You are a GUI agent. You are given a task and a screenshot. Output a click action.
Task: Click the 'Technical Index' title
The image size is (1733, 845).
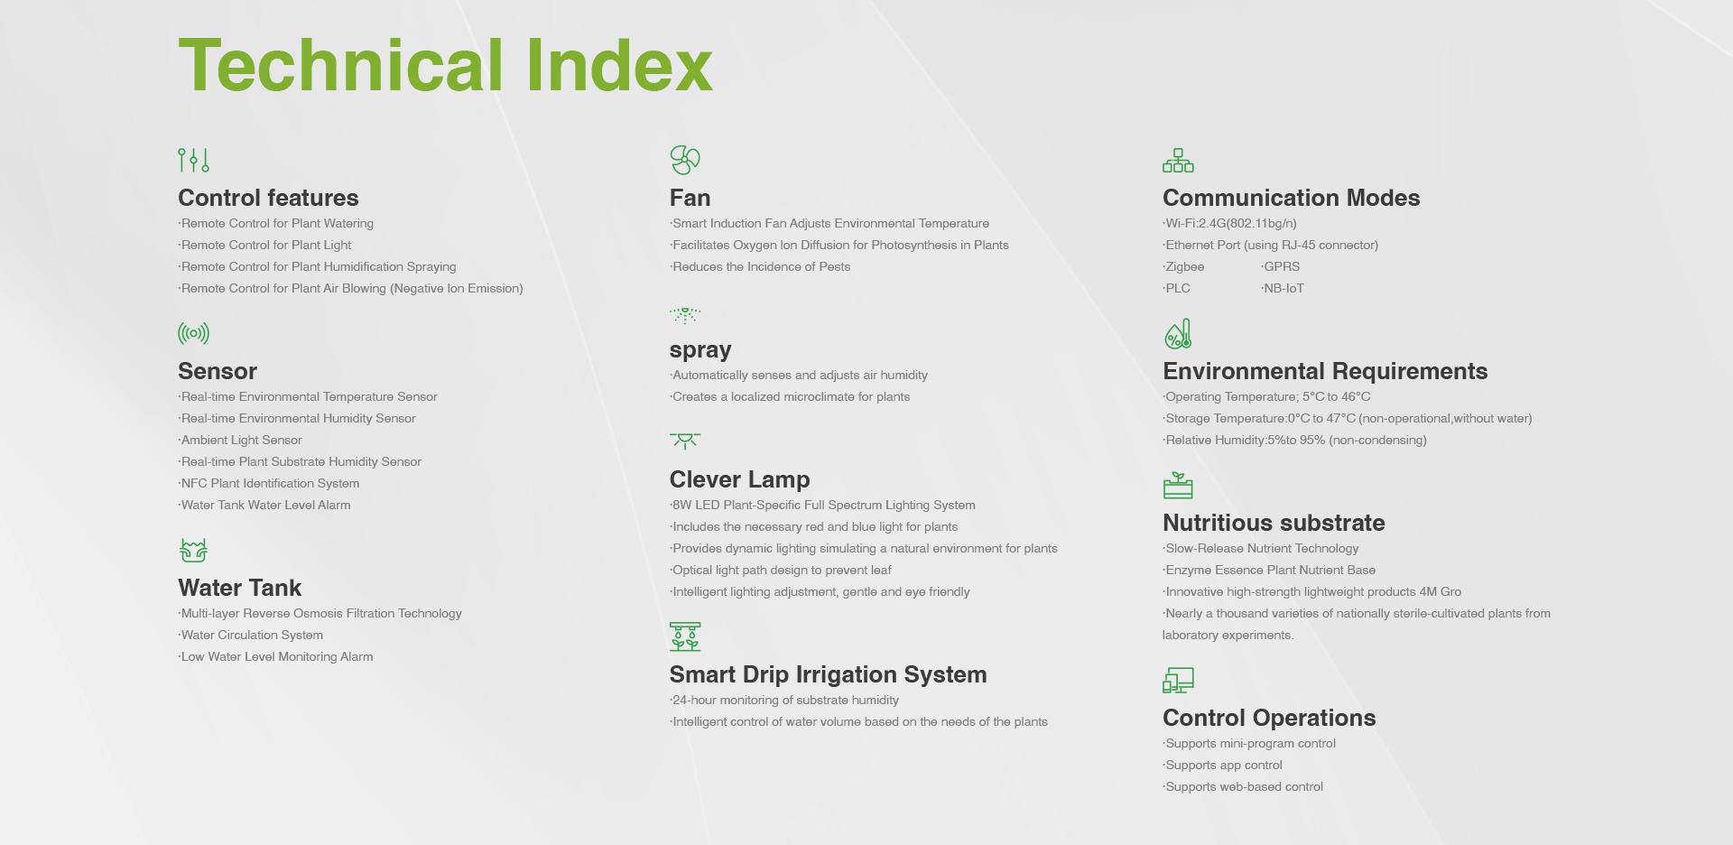446,65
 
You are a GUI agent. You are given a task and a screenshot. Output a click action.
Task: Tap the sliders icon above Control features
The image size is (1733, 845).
194,160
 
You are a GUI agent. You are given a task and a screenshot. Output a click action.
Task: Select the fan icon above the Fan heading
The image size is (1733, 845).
685,160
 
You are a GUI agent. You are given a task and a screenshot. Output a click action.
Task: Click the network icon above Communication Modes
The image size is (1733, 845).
1178,161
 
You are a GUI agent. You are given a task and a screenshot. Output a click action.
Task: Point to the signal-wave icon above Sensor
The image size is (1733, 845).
194,333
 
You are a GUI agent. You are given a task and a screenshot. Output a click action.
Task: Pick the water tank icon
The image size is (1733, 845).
194,550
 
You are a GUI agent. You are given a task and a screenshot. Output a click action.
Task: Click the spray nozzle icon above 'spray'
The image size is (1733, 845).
685,315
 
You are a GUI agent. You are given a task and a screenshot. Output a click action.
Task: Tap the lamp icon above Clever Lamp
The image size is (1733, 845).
685,441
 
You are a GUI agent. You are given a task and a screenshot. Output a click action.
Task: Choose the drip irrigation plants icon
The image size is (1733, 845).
685,636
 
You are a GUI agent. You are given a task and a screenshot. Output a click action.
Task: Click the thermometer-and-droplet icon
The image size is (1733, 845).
1178,334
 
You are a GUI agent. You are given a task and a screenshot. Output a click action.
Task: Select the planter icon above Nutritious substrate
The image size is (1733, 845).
1178,485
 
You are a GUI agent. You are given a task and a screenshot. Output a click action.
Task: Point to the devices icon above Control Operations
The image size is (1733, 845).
1178,680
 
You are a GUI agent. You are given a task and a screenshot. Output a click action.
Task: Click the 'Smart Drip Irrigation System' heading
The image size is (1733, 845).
828,674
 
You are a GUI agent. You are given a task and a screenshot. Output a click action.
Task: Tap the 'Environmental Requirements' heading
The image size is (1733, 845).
1325,371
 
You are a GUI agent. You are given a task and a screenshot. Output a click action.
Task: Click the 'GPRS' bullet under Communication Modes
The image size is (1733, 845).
1281,266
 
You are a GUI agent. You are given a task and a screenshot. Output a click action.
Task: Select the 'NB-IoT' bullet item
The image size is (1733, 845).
1283,288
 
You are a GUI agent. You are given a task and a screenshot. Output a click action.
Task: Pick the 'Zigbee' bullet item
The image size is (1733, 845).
1183,266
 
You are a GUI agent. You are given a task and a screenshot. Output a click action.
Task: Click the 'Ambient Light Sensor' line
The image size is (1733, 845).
240,440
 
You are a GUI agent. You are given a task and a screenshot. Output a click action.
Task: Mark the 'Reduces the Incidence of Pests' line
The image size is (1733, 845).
760,266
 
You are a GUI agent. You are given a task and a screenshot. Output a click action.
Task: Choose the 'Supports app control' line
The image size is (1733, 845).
1222,765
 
